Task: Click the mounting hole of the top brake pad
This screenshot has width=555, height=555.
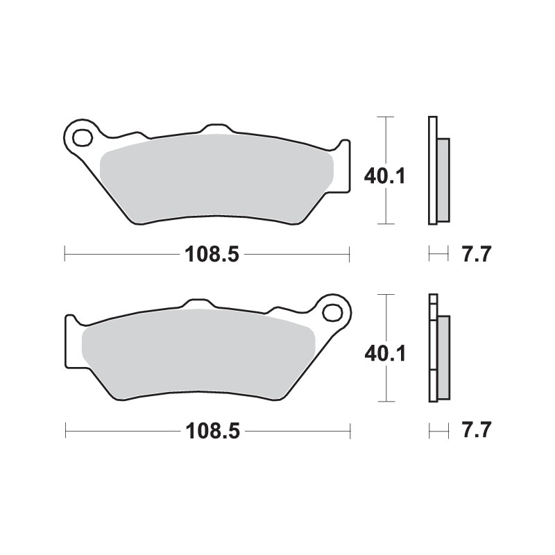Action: [x=82, y=137]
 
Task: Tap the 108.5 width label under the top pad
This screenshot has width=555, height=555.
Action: [x=212, y=255]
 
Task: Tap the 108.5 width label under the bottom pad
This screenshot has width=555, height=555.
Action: [x=212, y=431]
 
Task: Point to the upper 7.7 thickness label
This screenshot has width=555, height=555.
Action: [x=476, y=255]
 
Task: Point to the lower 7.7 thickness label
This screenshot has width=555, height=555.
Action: [x=476, y=431]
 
